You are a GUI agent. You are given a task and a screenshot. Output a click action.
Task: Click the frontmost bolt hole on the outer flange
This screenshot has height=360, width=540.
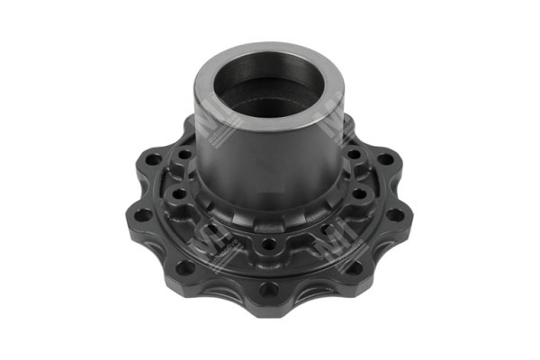(267, 289)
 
